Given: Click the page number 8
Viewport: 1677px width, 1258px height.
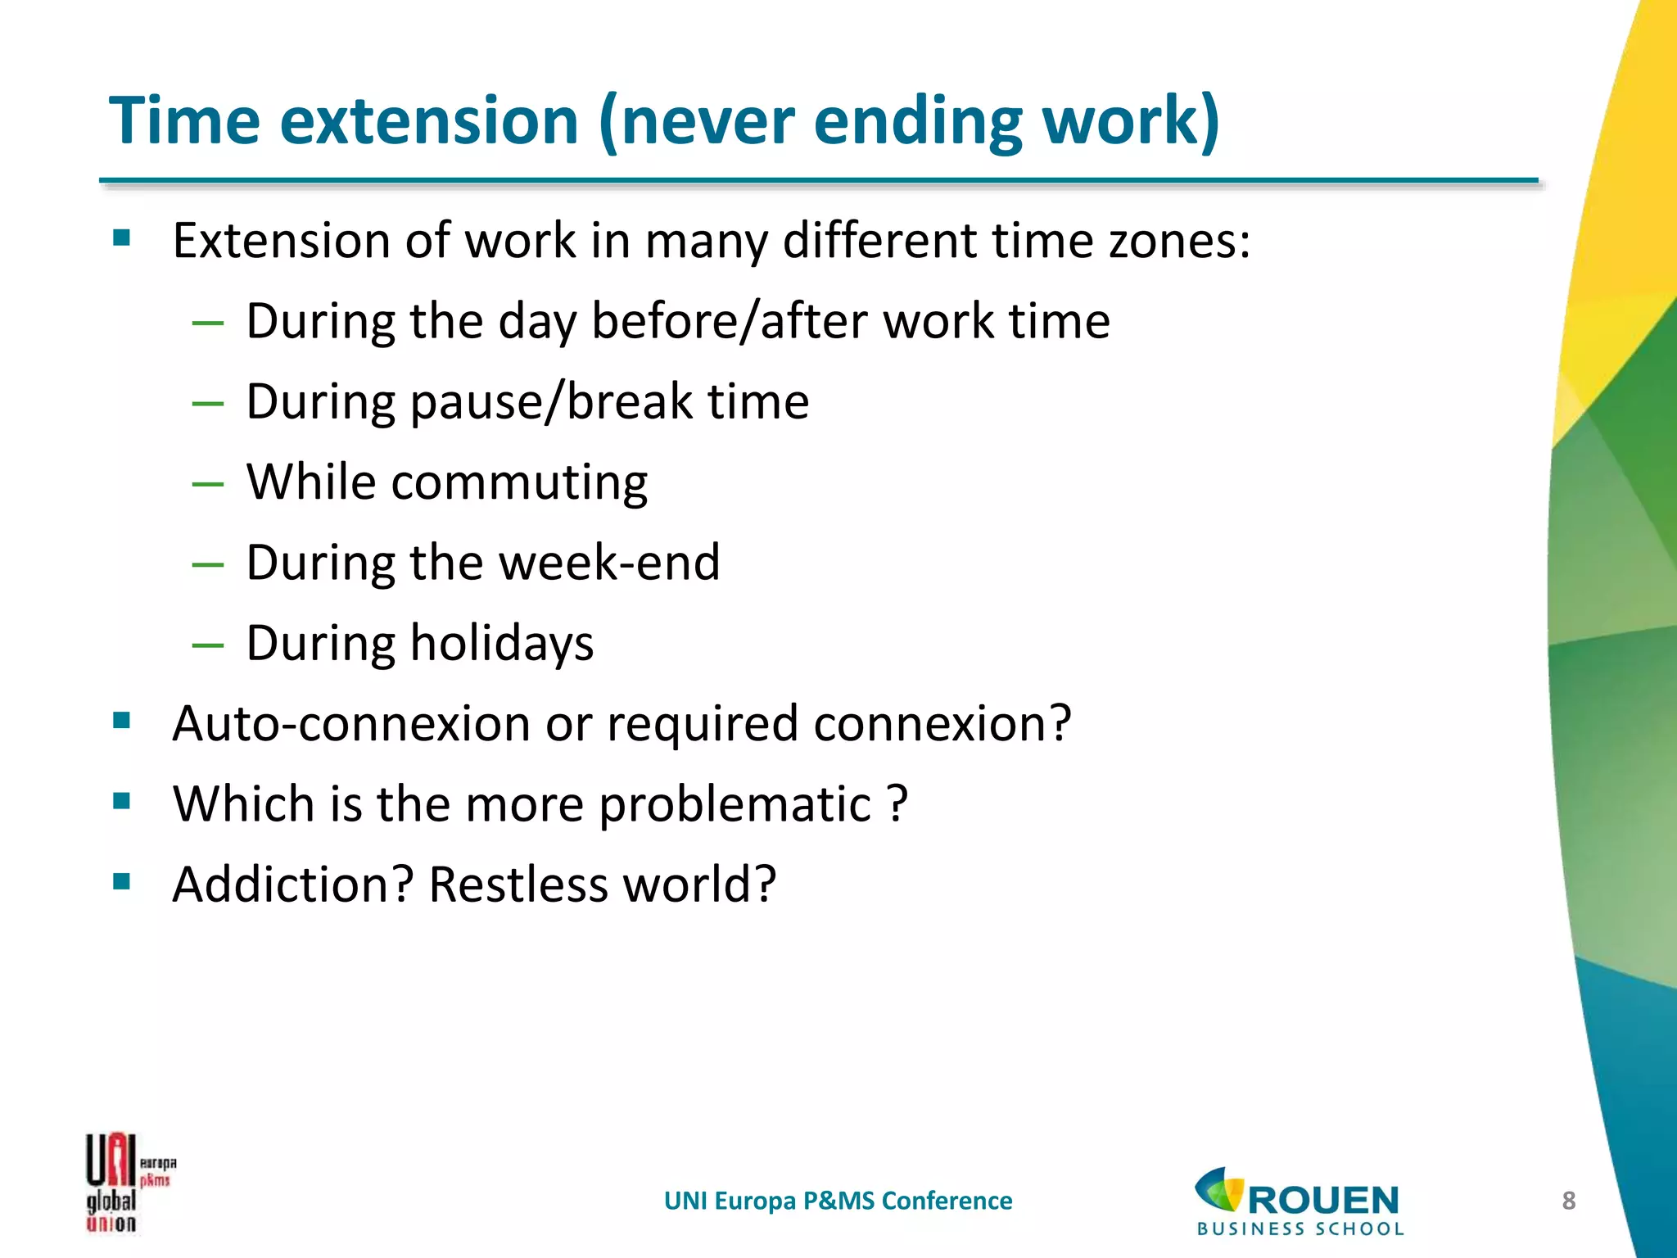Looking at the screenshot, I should pos(1568,1201).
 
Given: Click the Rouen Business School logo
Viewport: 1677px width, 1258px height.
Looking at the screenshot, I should pos(1300,1201).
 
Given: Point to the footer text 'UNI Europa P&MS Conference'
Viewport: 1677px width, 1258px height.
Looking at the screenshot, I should pos(838,1201).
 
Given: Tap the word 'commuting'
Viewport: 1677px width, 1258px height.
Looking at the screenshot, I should pos(519,483).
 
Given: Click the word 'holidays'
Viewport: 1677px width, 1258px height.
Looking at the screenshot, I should pos(501,645).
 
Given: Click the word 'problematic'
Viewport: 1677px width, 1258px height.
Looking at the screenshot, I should pos(735,805).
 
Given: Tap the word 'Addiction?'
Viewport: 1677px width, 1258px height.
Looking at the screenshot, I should pos(293,885).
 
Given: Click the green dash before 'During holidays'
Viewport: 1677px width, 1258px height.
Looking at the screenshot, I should pos(208,645).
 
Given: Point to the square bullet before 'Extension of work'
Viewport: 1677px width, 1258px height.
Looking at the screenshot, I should pos(122,238).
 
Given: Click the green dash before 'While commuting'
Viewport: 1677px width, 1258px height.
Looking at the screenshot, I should pos(208,484).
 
